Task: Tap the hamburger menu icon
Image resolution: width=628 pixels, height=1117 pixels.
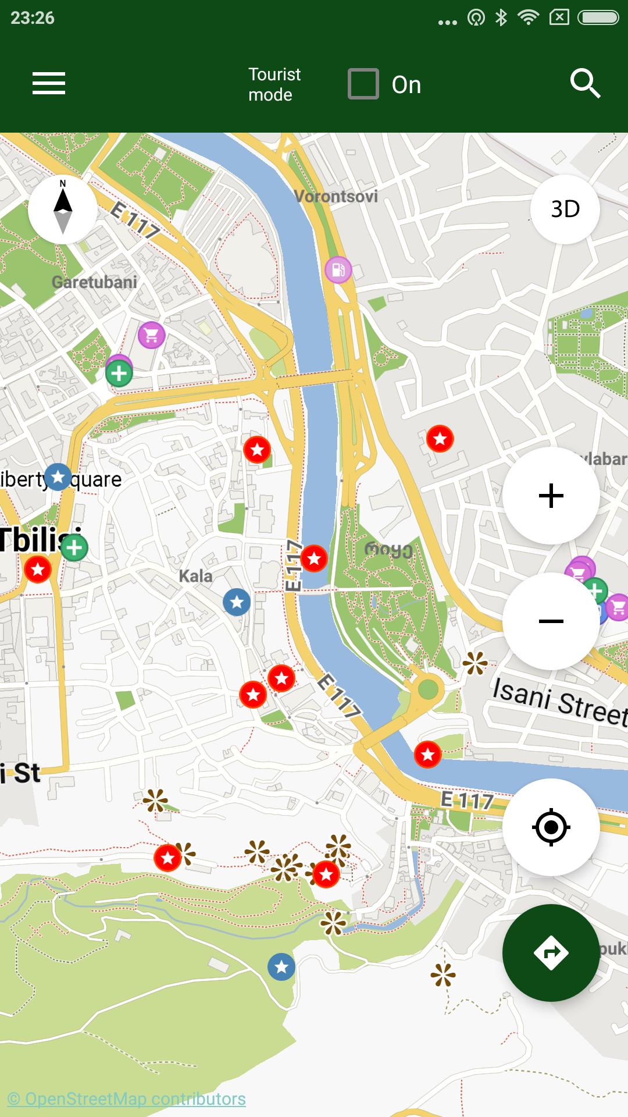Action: tap(49, 83)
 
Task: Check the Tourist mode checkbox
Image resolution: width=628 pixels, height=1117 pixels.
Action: tap(363, 84)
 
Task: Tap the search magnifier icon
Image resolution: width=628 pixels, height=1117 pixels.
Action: tap(584, 84)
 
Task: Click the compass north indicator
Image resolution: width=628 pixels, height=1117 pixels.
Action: tap(63, 209)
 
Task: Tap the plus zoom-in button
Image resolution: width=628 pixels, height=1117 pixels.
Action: tap(551, 496)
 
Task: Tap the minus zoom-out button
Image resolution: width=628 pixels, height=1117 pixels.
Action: tap(551, 621)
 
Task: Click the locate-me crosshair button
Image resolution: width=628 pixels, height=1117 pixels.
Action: tap(551, 827)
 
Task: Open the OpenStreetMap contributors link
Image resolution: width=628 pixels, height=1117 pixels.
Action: tap(127, 1099)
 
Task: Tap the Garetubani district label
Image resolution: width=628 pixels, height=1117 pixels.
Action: tap(94, 282)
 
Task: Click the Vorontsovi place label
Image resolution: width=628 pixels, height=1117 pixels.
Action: tap(336, 197)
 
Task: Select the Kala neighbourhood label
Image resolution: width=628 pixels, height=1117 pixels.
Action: tap(195, 577)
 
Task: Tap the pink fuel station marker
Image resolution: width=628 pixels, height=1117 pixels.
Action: tap(338, 270)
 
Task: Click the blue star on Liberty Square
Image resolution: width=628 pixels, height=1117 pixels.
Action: tap(58, 477)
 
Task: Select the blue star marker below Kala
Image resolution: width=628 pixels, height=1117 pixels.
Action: tap(237, 602)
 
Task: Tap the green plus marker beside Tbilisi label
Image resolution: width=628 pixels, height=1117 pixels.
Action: tap(74, 547)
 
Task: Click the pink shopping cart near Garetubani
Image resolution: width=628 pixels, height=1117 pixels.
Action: tap(152, 335)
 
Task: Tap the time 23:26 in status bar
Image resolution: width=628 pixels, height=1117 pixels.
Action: tap(33, 18)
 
